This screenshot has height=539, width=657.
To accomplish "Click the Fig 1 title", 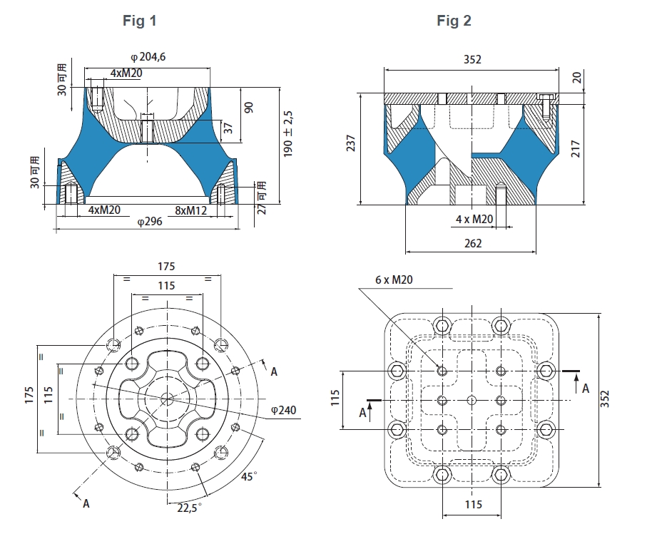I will pyautogui.click(x=139, y=21).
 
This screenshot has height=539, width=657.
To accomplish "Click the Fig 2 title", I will pyautogui.click(x=454, y=21).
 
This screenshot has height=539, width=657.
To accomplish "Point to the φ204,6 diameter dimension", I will pyautogui.click(x=148, y=57).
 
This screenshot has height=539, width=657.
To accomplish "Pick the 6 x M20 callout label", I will pyautogui.click(x=394, y=280).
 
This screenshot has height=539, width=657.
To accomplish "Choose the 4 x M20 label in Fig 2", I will pyautogui.click(x=474, y=219).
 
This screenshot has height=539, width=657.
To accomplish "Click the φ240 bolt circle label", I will pyautogui.click(x=284, y=411).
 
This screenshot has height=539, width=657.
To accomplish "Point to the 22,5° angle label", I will pyautogui.click(x=190, y=507).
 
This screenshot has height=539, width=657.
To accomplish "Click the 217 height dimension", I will pyautogui.click(x=576, y=148).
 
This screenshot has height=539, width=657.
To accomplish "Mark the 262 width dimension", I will pyautogui.click(x=472, y=243).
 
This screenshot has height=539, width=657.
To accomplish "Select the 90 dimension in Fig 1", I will pyautogui.click(x=249, y=107).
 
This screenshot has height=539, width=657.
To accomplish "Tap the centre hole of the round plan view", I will pyautogui.click(x=167, y=398).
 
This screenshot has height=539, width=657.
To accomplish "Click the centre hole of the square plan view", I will pyautogui.click(x=471, y=399).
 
